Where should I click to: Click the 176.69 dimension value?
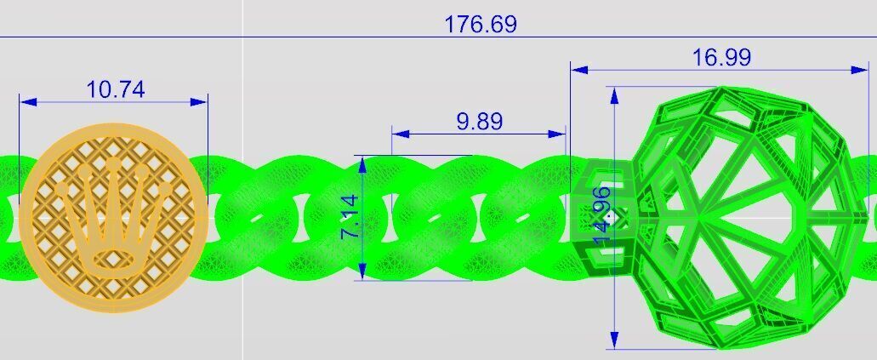[480, 24]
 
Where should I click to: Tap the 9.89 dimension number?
[479, 121]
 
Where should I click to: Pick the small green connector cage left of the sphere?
[601, 213]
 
